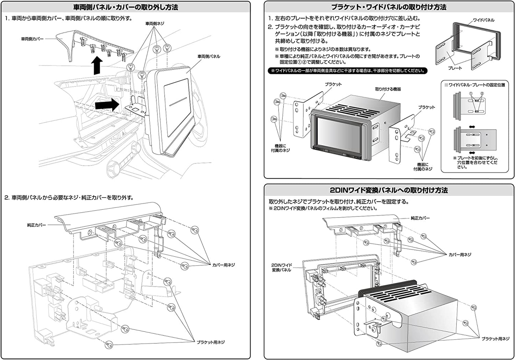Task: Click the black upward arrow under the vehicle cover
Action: tap(97, 66)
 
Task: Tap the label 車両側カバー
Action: tap(32, 39)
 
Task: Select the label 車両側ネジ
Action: tap(155, 24)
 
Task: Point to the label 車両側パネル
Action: tap(209, 56)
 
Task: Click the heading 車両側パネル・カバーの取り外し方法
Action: tap(125, 7)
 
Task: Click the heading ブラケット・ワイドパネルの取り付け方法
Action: tap(388, 7)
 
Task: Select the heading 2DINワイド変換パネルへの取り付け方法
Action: tap(388, 191)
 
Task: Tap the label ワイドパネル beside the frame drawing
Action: tap(483, 20)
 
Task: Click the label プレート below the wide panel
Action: tap(455, 68)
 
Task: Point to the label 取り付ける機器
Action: tap(388, 89)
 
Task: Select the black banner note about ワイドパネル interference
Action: tap(347, 71)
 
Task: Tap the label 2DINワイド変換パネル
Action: tap(282, 267)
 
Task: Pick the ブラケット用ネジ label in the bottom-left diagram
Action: tap(211, 342)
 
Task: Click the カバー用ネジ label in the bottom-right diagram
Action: tap(460, 255)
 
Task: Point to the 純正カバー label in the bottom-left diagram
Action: tap(36, 225)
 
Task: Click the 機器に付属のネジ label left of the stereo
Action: tap(280, 148)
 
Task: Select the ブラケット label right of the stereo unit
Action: tap(426, 107)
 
